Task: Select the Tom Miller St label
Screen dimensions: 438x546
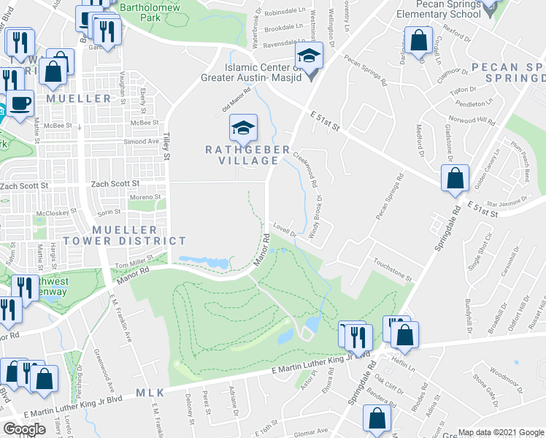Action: [134, 261]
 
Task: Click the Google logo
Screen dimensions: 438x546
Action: [25, 429]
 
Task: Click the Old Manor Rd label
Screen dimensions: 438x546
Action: [237, 100]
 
